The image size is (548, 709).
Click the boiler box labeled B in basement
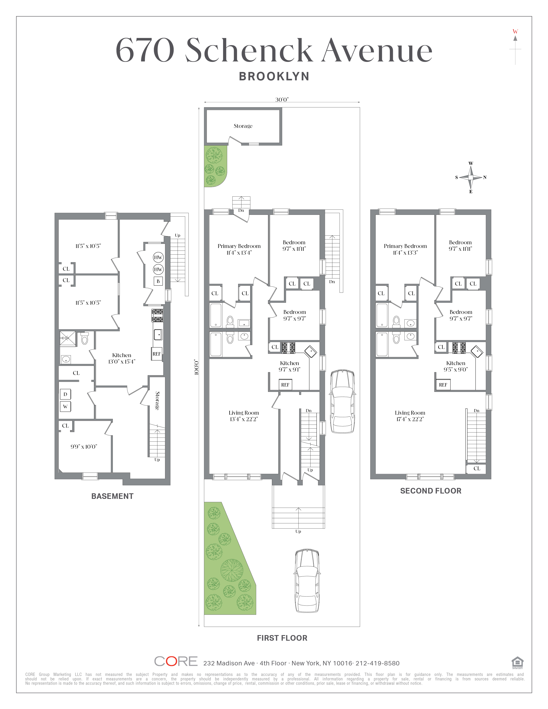(158, 281)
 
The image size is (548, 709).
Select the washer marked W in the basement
(65, 406)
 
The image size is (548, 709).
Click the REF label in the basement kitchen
(156, 354)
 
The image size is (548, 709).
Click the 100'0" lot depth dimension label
(196, 367)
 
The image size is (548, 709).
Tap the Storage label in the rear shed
(243, 126)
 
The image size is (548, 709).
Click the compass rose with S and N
(471, 177)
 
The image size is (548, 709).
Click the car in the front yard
(307, 581)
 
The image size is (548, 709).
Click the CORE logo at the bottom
(176, 661)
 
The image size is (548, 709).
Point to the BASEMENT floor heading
(112, 496)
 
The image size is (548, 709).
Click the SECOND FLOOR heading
(430, 491)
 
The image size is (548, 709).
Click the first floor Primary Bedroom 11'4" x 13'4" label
(239, 249)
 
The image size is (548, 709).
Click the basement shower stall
(67, 339)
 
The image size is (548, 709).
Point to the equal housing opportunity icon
(517, 663)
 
